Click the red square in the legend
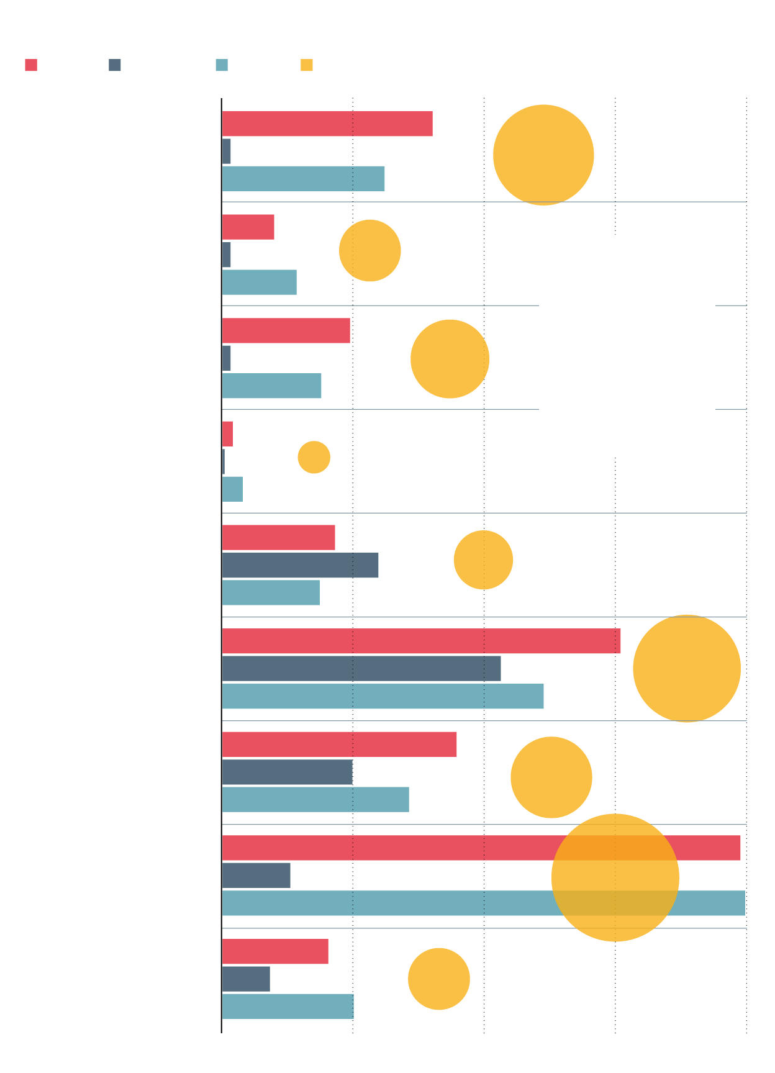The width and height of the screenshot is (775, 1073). tap(31, 65)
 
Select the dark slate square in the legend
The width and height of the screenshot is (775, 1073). tap(114, 65)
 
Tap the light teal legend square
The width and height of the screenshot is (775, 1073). tap(222, 65)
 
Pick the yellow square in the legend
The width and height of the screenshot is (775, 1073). tap(306, 65)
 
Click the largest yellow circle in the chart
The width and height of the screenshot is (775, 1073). tap(615, 877)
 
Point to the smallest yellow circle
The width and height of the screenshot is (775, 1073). tap(314, 457)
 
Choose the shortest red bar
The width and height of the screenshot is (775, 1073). tap(227, 434)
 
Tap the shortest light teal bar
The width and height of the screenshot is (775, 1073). tap(232, 489)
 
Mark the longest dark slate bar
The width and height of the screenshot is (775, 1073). tap(361, 668)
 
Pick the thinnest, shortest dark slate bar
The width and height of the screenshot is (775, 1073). tap(224, 461)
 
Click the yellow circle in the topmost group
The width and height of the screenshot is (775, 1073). tap(543, 155)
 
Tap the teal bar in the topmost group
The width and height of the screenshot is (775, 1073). tap(303, 179)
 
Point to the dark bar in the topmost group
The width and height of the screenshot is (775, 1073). tap(226, 152)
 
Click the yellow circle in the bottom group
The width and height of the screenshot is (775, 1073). tap(438, 979)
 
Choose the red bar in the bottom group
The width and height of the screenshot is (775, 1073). tap(275, 951)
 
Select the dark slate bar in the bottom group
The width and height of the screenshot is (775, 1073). tap(246, 979)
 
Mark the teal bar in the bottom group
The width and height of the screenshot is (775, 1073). tap(288, 1007)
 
